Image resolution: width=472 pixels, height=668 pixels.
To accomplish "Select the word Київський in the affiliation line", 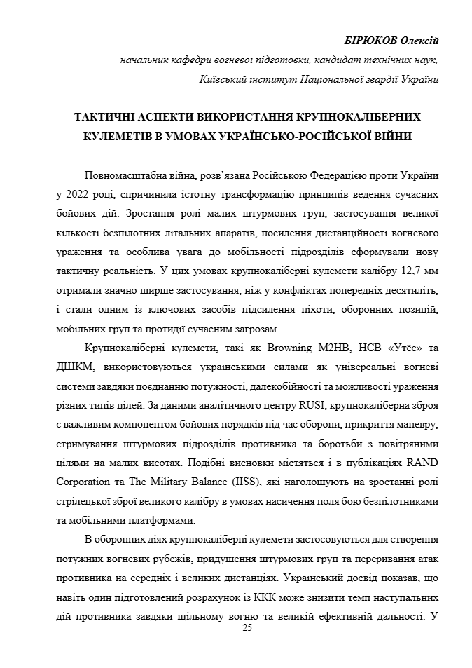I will tap(223, 79).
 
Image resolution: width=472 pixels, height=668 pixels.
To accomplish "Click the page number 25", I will tap(247, 628).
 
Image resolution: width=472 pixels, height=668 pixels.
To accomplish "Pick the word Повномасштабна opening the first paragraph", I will tap(126, 174).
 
